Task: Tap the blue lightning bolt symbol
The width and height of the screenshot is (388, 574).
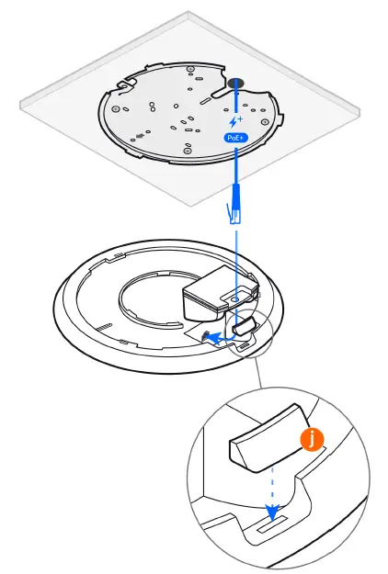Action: tap(234, 120)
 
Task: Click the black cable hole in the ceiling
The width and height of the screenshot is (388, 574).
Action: tap(236, 85)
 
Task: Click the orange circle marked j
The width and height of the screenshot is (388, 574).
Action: tap(314, 440)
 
